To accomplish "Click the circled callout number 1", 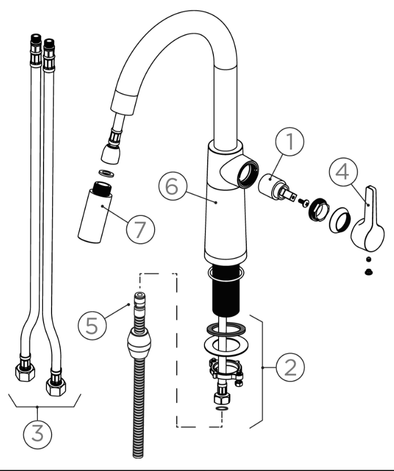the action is [290, 142].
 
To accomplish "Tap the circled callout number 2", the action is [290, 367].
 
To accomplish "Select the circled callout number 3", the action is [37, 434].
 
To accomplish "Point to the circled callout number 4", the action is [343, 172].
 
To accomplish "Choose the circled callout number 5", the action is [92, 325].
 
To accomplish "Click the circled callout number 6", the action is [173, 186].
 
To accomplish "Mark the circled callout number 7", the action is [140, 229].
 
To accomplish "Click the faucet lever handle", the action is [368, 221].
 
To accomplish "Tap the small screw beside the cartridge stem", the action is [303, 203].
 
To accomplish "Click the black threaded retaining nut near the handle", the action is [319, 207].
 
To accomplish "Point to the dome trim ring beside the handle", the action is [340, 220].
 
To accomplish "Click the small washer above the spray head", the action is [106, 173].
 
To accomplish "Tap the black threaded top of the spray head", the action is [102, 188].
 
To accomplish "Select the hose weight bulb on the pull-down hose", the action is [139, 343].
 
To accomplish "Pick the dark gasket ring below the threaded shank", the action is [226, 329].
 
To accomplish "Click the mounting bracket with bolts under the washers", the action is [226, 371].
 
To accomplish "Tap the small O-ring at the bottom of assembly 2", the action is [222, 409].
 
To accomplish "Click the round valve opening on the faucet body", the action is [248, 174].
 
